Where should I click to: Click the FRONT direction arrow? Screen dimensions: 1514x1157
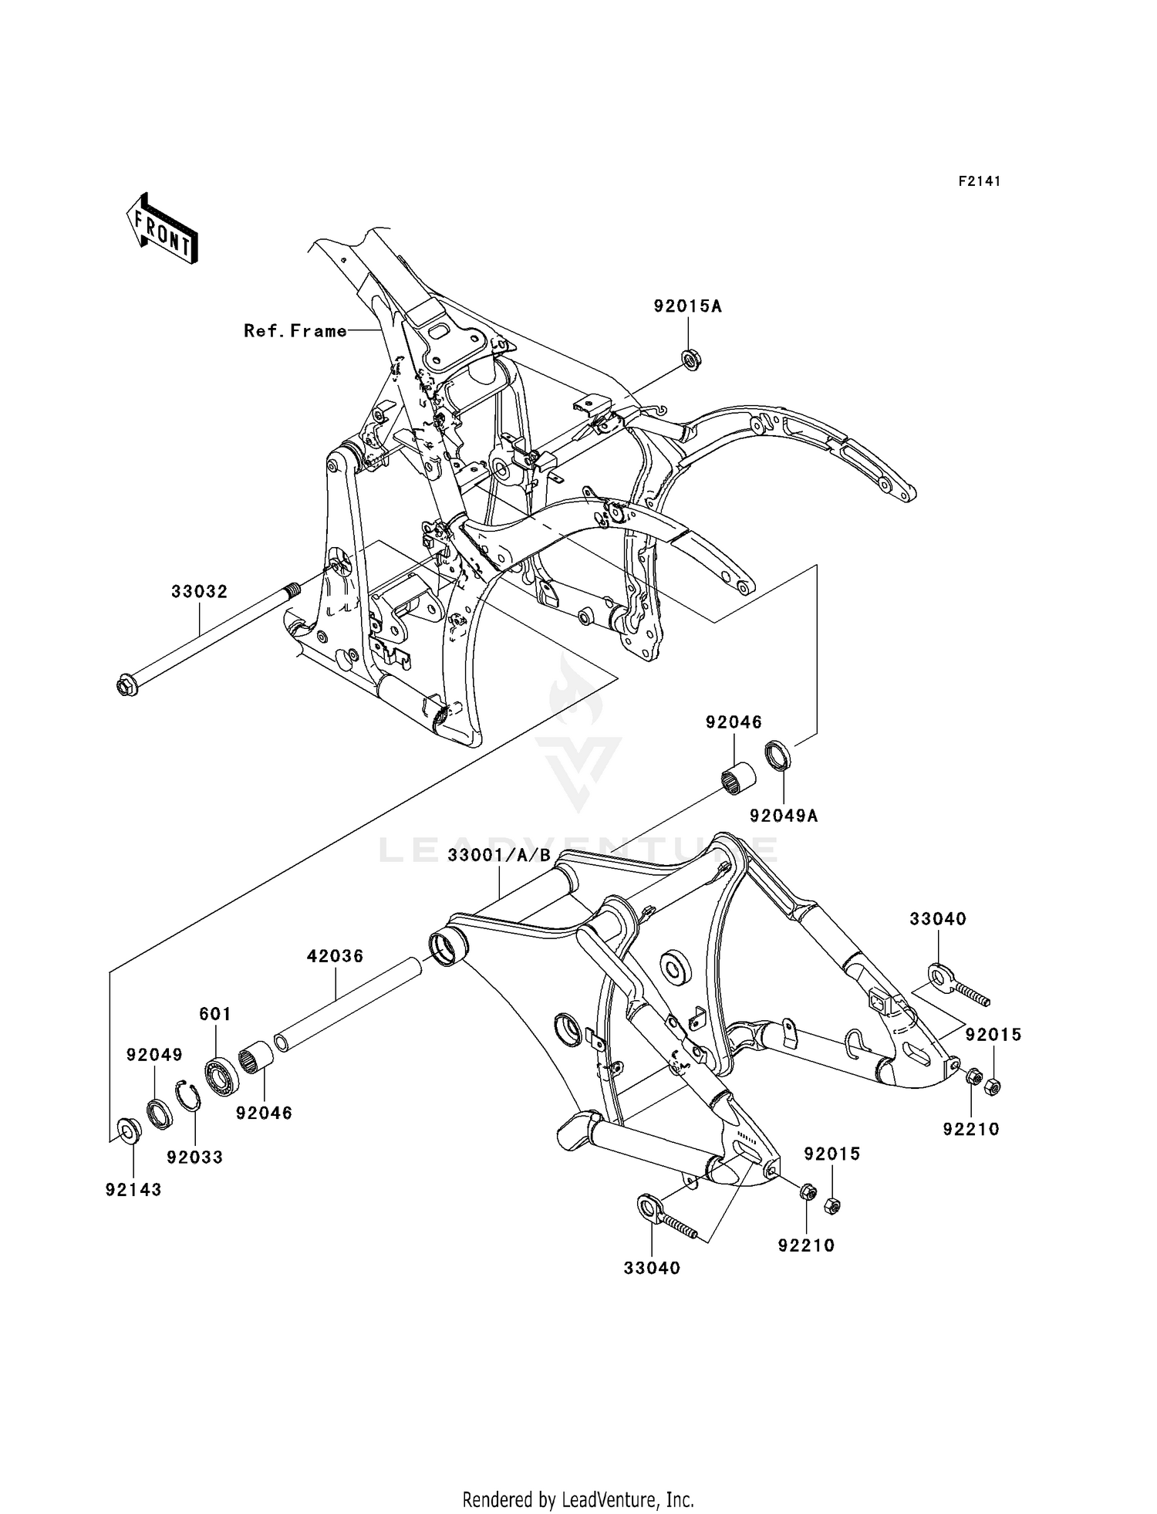pos(162,230)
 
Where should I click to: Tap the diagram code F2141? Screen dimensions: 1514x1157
pos(980,181)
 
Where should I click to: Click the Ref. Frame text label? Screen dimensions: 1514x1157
pos(295,331)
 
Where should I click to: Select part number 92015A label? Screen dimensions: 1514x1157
pos(688,306)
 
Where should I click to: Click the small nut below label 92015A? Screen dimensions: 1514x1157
pos(691,360)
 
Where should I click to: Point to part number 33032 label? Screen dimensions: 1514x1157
pos(200,592)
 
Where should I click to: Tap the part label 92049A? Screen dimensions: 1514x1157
pos(784,815)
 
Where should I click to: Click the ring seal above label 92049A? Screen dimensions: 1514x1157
pos(778,755)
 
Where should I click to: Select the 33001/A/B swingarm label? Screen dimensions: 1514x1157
pos(500,855)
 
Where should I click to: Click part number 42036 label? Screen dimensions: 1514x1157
pos(335,956)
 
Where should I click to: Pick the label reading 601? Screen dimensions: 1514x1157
pos(215,1014)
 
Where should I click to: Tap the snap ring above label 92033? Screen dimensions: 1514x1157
pos(188,1096)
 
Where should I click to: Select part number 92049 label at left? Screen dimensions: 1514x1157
pos(155,1054)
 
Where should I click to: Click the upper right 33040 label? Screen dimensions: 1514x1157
pos(938,919)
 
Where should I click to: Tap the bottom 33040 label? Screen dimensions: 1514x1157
pos(653,1268)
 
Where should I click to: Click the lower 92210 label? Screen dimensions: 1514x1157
pos(807,1245)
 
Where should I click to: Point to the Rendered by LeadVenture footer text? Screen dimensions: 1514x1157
pos(578,1499)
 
